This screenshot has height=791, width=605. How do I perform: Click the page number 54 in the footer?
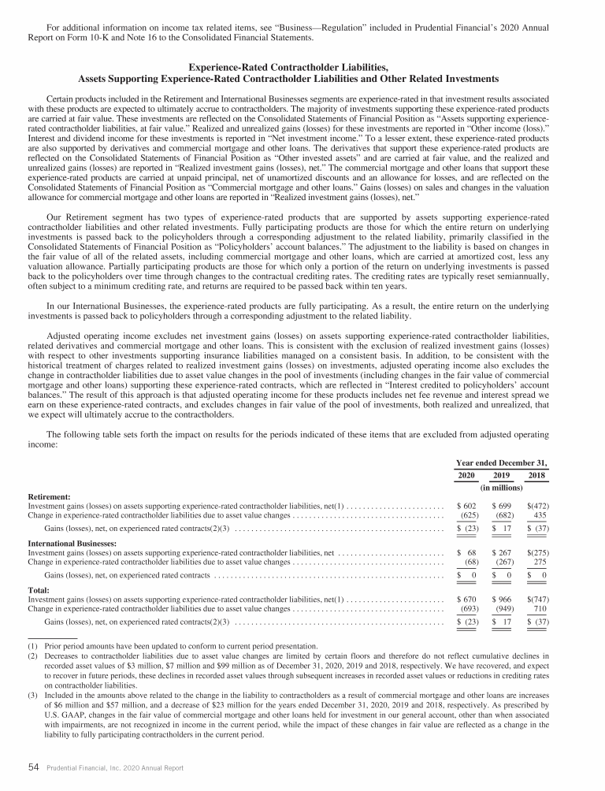34,765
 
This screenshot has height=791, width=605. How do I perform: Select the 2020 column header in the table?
468,476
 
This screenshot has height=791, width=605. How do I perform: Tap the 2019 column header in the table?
502,476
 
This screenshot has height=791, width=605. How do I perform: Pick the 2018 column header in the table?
536,476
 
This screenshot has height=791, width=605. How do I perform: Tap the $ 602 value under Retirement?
468,507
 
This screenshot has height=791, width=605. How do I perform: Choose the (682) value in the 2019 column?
503,516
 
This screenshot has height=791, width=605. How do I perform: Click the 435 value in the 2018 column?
539,516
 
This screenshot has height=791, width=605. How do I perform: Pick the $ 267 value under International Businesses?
502,554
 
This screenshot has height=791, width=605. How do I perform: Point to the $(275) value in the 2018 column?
536,554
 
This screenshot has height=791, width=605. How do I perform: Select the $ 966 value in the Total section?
502,600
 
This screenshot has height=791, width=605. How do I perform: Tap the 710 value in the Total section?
539,610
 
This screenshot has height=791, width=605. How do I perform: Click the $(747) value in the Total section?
536,600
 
